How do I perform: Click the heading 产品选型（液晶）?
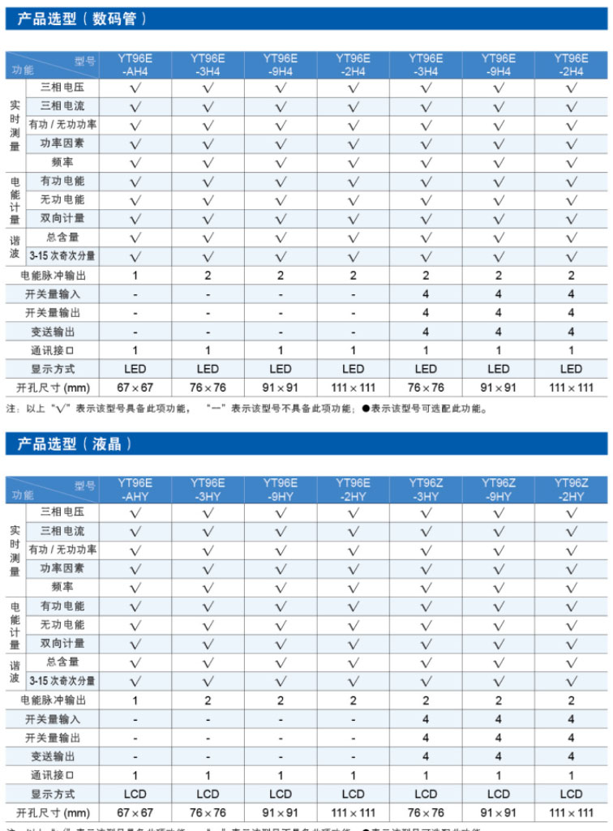(74, 443)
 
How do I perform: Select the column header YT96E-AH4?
(135, 65)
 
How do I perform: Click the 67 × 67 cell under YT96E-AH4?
(135, 388)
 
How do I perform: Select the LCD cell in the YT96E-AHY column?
(135, 794)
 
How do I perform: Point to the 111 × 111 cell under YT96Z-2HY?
(571, 812)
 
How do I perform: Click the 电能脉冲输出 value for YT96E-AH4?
(135, 276)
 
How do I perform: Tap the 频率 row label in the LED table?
(62, 162)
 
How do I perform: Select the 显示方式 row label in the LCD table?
(53, 794)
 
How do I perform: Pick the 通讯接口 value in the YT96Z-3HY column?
(426, 775)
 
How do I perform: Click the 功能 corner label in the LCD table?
(23, 495)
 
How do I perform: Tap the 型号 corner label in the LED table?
(85, 60)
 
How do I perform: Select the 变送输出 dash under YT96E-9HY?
(281, 756)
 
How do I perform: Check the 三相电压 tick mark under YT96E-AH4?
(135, 87)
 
